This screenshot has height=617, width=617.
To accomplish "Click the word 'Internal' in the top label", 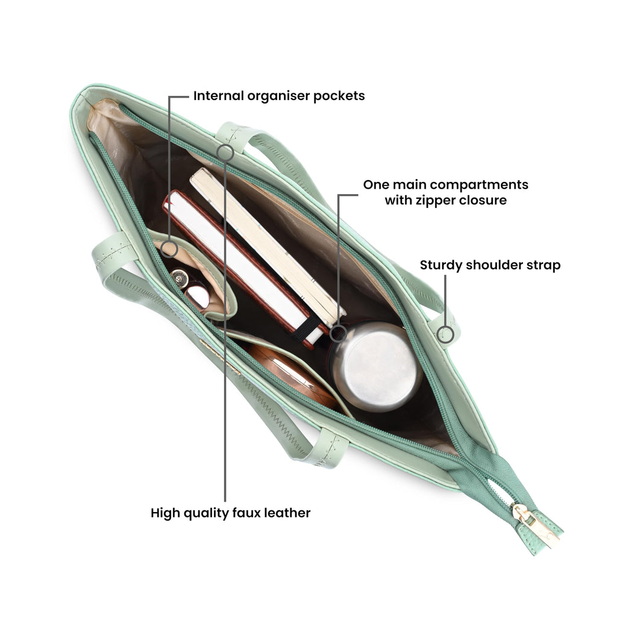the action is (x=218, y=96).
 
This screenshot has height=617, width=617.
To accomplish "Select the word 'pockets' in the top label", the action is (x=339, y=96).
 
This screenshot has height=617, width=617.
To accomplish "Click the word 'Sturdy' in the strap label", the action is (x=441, y=266).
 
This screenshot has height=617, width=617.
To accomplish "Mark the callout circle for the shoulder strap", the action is (x=445, y=334).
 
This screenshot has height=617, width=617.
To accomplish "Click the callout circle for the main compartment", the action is (x=338, y=334).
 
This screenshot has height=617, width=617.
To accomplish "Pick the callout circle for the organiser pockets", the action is (x=169, y=249).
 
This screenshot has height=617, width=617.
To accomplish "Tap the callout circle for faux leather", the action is (x=225, y=152).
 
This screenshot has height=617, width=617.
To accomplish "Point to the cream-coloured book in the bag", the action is (x=268, y=246).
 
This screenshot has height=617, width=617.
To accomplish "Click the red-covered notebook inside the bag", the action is (x=240, y=268).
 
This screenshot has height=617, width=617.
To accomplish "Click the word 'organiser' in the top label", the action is (x=278, y=96).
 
